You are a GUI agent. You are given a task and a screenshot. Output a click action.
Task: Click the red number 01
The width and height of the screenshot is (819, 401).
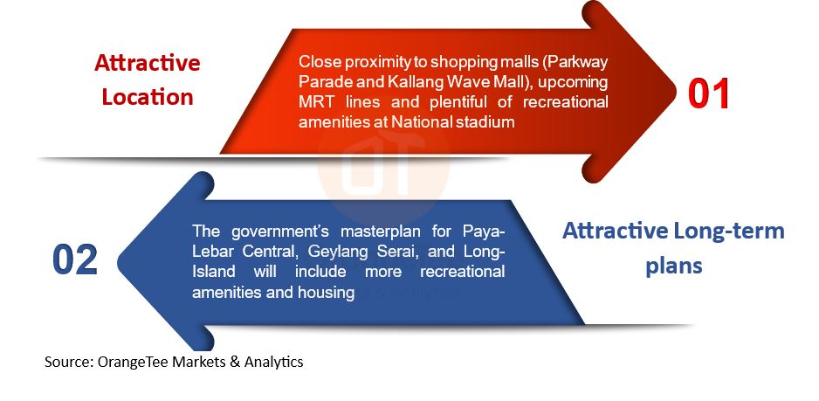[708, 94]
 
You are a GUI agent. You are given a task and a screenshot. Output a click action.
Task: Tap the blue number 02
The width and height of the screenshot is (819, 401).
[75, 259]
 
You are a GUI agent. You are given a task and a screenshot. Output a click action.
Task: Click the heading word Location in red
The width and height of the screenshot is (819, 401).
[148, 97]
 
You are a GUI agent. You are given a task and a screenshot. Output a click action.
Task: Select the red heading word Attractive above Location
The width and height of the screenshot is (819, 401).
[148, 63]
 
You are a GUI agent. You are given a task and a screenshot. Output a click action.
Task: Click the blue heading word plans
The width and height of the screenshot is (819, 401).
[674, 266]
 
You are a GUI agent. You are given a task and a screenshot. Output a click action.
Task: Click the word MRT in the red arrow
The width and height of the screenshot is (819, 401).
[313, 102]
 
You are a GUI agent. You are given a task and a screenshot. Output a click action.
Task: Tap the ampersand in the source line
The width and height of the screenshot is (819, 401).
[235, 362]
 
